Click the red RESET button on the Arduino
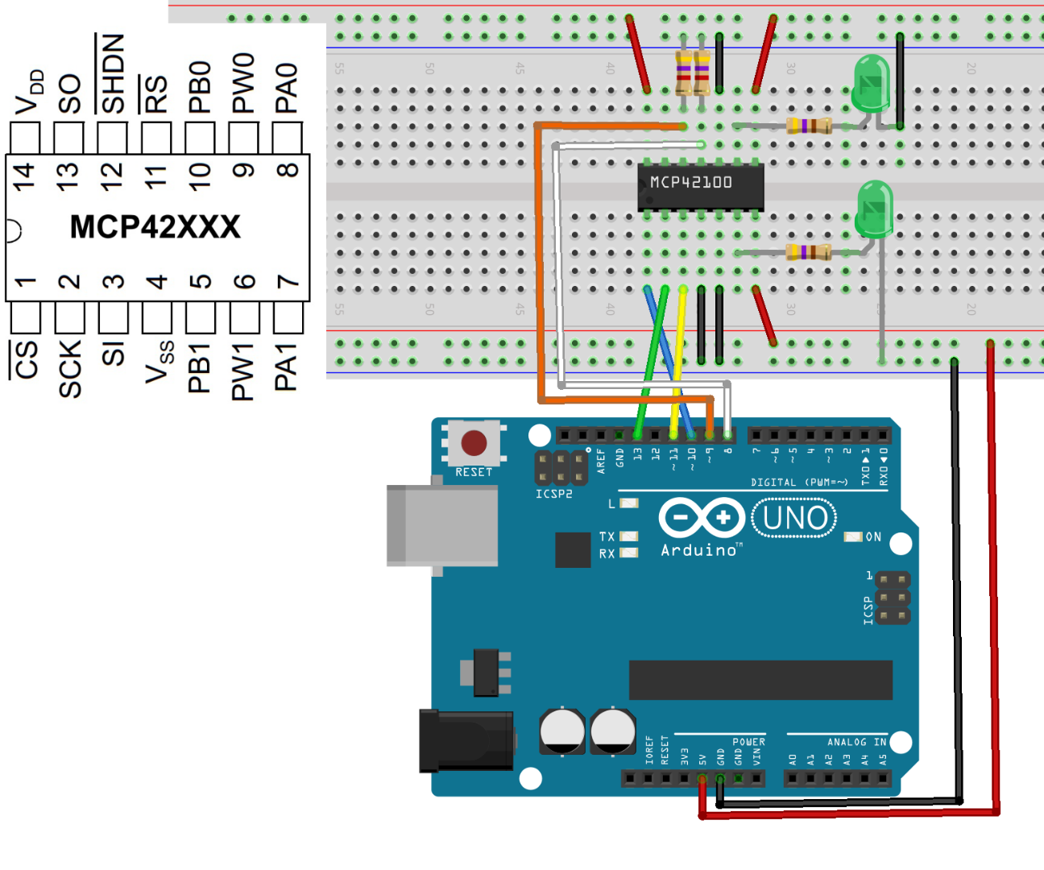coord(474,442)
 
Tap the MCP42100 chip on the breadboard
coord(700,186)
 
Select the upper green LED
coord(872,83)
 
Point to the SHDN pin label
coord(111,74)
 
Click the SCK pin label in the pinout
coord(70,368)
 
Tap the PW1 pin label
coord(242,371)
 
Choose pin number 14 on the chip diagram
coord(24,176)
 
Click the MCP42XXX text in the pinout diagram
coord(155,227)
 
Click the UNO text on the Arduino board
coord(794,518)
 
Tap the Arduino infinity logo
coord(701,518)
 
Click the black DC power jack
coord(466,740)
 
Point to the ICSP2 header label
coord(554,494)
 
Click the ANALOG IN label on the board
coord(856,742)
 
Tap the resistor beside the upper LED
coord(808,126)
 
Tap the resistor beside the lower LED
coord(808,252)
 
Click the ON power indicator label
coord(873,536)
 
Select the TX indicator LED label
coord(607,536)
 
